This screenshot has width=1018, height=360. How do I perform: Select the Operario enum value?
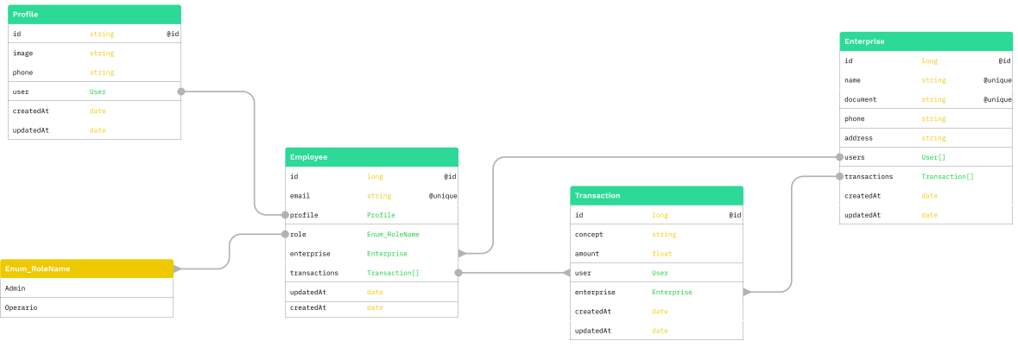21,307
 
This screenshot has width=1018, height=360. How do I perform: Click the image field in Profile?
23,54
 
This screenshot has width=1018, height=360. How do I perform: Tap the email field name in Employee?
300,196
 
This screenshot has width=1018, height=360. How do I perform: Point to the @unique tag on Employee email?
443,196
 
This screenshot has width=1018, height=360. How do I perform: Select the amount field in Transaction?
589,254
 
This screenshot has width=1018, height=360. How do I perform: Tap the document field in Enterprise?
860,99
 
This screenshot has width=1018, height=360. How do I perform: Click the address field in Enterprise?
858,138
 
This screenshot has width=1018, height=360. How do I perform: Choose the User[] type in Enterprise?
933,157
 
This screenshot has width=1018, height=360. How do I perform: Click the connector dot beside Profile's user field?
181,92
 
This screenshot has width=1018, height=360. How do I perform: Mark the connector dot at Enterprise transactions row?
839,176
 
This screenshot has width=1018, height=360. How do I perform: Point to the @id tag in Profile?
173,35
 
